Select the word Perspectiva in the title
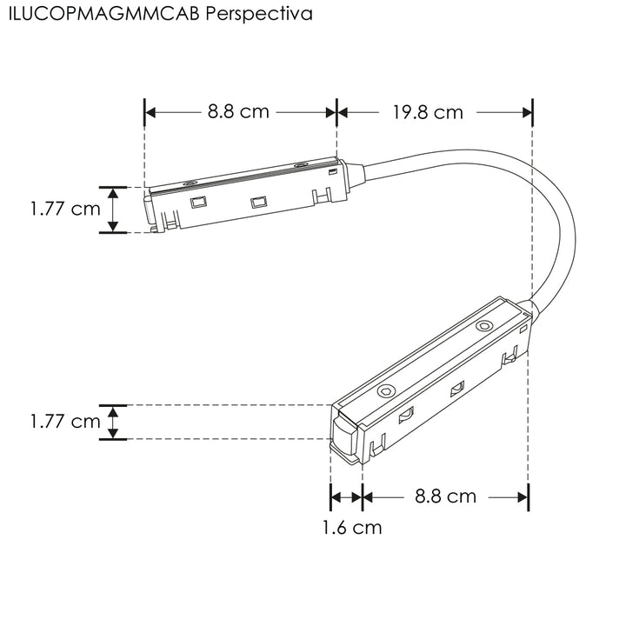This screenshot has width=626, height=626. tap(253, 15)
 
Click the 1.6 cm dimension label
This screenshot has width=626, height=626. tap(351, 526)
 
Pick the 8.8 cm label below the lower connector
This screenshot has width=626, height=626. tap(445, 496)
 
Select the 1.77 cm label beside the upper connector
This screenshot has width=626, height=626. tap(64, 210)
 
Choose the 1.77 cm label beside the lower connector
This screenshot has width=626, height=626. tap(64, 422)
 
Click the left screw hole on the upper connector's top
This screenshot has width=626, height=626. tap(190, 183)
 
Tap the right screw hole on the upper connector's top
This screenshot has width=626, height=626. tap(300, 164)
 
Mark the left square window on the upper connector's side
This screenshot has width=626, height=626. tap(198, 203)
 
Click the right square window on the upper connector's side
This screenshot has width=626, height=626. tap(256, 203)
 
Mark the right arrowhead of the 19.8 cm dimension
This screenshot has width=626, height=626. tap(525, 112)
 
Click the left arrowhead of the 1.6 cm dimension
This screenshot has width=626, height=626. tap(336, 496)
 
